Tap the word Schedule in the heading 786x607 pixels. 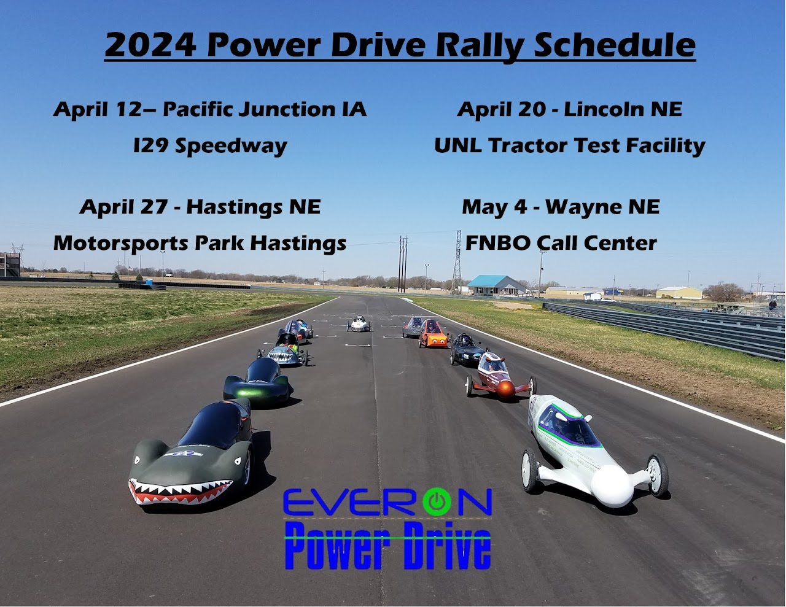click(615, 45)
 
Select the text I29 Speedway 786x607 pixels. click(210, 146)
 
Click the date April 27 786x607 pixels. click(123, 207)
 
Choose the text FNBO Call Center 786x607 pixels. click(561, 243)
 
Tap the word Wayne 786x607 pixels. click(583, 207)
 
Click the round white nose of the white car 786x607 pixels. click(612, 485)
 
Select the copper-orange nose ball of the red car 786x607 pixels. click(505, 389)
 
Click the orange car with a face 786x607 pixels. click(433, 334)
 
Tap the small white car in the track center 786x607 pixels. click(359, 323)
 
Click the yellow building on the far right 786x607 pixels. click(679, 293)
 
